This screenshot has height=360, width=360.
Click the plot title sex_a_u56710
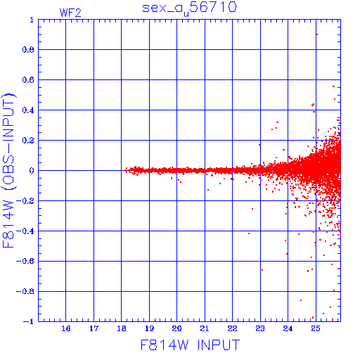pyautogui.click(x=189, y=8)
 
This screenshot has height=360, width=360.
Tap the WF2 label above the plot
pyautogui.click(x=70, y=13)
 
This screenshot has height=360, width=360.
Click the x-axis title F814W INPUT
pyautogui.click(x=190, y=345)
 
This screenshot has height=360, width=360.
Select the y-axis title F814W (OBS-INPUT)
pyautogui.click(x=8, y=170)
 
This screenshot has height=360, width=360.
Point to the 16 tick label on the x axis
pyautogui.click(x=66, y=328)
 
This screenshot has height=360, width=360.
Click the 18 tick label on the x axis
pyautogui.click(x=122, y=328)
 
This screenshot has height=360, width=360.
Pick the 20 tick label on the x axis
pyautogui.click(x=176, y=328)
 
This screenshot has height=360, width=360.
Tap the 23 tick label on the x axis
pyautogui.click(x=260, y=328)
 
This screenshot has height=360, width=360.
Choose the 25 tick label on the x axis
pyautogui.click(x=316, y=328)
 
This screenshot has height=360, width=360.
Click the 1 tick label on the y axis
pyautogui.click(x=32, y=20)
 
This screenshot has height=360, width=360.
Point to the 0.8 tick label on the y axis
pyautogui.click(x=28, y=50)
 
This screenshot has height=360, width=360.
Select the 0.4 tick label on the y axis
pyautogui.click(x=28, y=110)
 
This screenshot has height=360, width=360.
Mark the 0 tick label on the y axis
pyautogui.click(x=32, y=171)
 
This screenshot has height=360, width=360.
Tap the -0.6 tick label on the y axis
pyautogui.click(x=25, y=261)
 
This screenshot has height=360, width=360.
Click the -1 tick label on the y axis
pyautogui.click(x=28, y=321)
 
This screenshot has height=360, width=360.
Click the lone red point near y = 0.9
pyautogui.click(x=317, y=34)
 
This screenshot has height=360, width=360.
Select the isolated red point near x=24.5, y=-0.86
pyautogui.click(x=301, y=300)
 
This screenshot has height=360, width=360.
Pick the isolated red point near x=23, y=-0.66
pyautogui.click(x=262, y=270)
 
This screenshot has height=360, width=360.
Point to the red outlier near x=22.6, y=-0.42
pyautogui.click(x=249, y=233)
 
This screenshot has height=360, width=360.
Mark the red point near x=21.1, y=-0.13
pyautogui.click(x=208, y=190)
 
